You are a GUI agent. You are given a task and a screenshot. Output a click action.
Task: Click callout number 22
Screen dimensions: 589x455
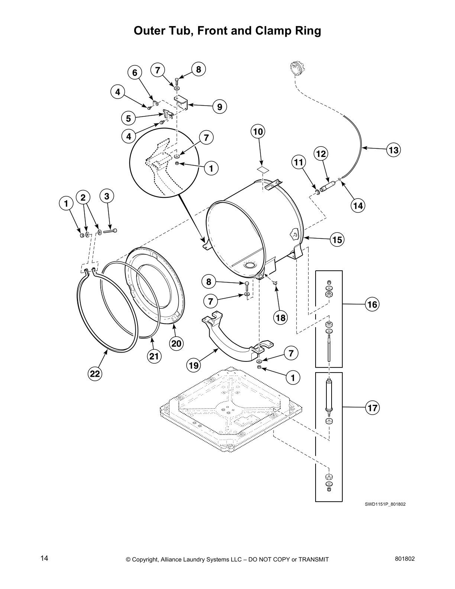[95, 374]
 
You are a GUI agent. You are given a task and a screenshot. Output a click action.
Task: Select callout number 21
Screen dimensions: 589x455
[154, 357]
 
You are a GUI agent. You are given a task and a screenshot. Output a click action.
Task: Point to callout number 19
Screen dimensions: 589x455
[193, 366]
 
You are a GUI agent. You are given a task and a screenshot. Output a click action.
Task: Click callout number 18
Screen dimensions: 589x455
[281, 318]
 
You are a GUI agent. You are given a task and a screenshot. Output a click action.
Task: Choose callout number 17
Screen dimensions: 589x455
[372, 408]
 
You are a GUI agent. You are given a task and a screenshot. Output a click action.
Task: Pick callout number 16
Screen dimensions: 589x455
[372, 305]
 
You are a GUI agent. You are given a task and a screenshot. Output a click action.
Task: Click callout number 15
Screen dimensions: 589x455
[337, 240]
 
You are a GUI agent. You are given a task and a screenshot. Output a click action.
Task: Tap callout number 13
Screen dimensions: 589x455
[393, 150]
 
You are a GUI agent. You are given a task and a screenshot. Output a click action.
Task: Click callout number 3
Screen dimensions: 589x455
[107, 196]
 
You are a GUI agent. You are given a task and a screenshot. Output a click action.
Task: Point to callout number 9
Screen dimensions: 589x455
[220, 107]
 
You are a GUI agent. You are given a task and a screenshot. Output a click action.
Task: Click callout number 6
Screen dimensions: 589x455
[135, 73]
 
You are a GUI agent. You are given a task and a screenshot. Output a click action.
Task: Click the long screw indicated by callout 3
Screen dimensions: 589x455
[110, 231]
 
